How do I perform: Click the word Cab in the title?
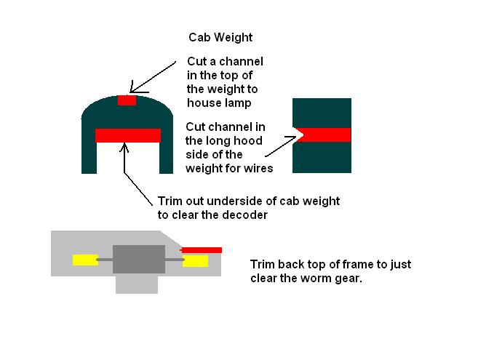[199, 38]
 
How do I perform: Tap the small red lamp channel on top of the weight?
[127, 100]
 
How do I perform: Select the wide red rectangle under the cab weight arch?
[128, 136]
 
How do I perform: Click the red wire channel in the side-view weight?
[324, 135]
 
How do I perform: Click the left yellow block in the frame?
[85, 260]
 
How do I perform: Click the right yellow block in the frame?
[195, 261]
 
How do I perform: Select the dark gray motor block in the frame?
[138, 260]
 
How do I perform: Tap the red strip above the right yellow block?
[201, 250]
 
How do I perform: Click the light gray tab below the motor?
[137, 284]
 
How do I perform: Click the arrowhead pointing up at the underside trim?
[124, 147]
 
